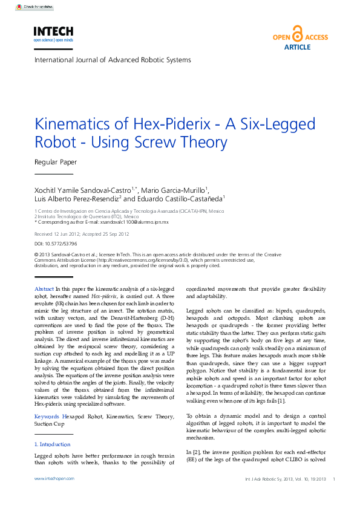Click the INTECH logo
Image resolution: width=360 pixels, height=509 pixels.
[53, 33]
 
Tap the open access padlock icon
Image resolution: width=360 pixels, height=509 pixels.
[297, 33]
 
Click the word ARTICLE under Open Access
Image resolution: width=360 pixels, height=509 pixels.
[297, 47]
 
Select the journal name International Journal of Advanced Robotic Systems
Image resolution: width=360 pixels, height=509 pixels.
[113, 60]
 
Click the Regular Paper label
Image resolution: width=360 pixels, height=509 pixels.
[56, 162]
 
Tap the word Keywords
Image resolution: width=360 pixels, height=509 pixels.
[47, 417]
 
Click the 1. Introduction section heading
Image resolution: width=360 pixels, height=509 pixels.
[53, 444]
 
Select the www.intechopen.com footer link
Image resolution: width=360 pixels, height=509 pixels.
[54, 478]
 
